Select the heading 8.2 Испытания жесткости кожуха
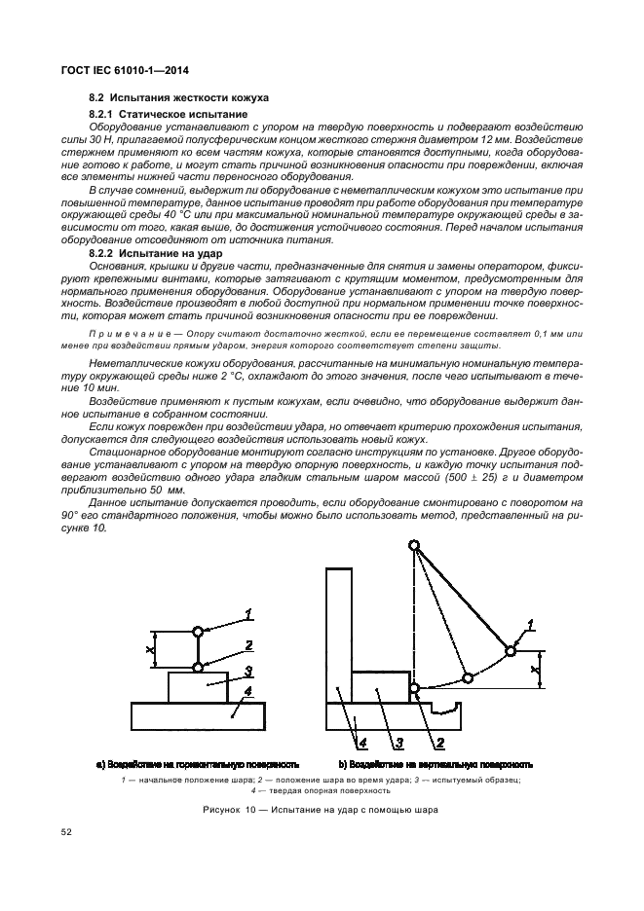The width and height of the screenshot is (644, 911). [x=178, y=99]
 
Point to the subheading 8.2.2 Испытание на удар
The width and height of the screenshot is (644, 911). [x=147, y=253]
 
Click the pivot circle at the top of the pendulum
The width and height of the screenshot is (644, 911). [x=415, y=547]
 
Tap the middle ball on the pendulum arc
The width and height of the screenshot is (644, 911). [x=467, y=677]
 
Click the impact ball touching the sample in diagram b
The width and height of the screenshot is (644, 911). [x=415, y=689]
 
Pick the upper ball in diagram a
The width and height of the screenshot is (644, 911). [x=198, y=631]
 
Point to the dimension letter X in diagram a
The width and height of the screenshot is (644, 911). [x=149, y=648]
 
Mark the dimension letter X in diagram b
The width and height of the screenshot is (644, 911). [x=535, y=670]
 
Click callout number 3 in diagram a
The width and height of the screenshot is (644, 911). [x=249, y=671]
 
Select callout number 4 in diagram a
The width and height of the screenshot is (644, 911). [x=247, y=692]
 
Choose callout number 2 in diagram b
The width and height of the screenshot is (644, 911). [x=439, y=744]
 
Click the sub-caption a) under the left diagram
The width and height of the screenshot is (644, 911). [x=197, y=764]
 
